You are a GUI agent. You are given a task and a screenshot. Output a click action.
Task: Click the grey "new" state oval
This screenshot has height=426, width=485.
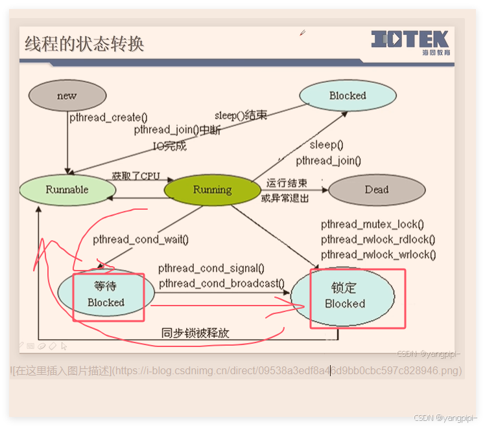pos(67,96)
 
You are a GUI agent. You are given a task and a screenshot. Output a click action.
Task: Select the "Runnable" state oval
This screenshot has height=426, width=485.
pos(67,190)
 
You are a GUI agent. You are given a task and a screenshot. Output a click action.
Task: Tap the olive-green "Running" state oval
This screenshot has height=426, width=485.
pos(212,190)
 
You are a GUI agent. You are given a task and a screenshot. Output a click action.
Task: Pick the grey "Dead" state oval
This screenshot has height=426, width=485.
pos(377,190)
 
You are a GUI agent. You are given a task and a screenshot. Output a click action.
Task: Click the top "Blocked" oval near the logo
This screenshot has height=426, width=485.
pos(348,96)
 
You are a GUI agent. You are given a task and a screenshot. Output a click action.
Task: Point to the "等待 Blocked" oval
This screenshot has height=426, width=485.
pos(106,295)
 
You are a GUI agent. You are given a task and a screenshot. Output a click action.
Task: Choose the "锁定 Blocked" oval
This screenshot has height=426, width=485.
pos(344,295)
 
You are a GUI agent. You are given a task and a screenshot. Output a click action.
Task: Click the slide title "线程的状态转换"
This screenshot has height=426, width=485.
pos(84,44)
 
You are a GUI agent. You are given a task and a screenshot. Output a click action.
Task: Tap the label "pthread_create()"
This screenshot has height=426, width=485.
pos(108,118)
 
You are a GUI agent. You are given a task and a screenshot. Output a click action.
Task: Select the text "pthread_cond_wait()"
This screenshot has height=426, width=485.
pos(141,240)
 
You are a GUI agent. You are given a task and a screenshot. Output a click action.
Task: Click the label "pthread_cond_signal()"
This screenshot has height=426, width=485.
pos(211,269)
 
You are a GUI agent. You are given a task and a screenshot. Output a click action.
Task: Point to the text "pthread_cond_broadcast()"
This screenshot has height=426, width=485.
pos(222,284)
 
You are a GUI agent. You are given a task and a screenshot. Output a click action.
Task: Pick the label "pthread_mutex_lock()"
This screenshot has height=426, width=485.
pos(372,225)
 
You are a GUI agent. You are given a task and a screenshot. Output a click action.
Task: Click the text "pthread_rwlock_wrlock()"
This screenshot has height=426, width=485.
pos(378,255)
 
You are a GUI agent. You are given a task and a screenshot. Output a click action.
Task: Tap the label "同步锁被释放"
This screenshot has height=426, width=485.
pos(195,333)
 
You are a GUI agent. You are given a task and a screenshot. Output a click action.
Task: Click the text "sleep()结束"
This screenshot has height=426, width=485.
pos(240,115)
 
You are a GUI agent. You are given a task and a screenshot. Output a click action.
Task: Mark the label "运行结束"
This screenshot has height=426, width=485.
pos(287,183)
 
